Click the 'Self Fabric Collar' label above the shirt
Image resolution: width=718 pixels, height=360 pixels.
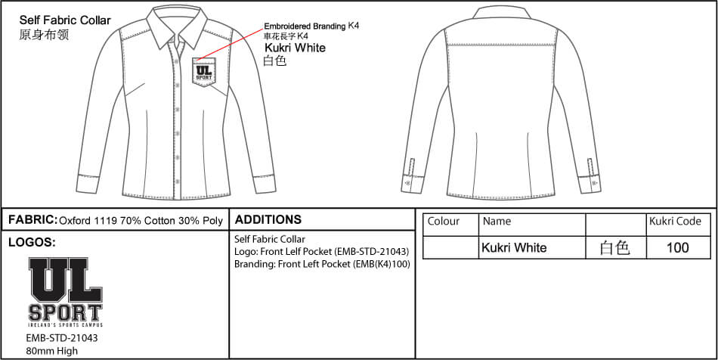coord(65,20)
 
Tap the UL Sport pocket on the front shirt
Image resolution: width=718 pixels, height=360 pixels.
coord(204,71)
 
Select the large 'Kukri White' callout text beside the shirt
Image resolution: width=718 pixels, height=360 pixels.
coord(296,48)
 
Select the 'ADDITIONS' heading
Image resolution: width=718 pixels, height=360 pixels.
coord(268,219)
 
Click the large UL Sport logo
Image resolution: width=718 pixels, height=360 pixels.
coord(66,292)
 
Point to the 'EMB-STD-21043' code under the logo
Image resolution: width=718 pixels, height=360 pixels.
coord(63,339)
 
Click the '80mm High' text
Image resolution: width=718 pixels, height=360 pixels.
coord(52,351)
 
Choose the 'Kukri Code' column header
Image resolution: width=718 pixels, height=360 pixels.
coord(675,222)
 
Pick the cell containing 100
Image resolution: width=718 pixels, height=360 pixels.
coord(678,248)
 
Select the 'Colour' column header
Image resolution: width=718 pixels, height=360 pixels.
coord(443,222)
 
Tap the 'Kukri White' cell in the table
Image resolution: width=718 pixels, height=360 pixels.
coord(514,248)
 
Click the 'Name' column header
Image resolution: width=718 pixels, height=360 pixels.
coord(497,222)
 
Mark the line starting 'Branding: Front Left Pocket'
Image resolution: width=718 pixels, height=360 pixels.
coord(322,264)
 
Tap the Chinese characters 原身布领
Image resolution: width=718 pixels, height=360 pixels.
coord(44,35)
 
